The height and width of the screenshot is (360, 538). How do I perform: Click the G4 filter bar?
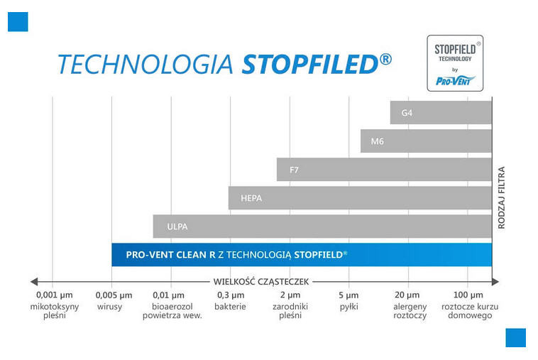(x=440, y=112)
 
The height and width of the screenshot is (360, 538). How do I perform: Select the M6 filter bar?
(x=426, y=141)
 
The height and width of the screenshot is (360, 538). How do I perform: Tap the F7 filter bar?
(x=384, y=169)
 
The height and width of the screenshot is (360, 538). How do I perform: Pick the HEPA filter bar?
(x=360, y=197)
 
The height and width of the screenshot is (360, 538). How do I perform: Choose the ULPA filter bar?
(x=322, y=226)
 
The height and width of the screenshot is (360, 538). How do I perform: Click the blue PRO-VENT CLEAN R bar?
(x=301, y=254)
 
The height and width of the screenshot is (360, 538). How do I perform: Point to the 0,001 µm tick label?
(x=54, y=295)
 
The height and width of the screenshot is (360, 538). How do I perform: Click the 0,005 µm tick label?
(x=114, y=295)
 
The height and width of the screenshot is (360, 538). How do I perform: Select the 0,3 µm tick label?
(x=230, y=295)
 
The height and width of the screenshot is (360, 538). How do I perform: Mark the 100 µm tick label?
(x=466, y=295)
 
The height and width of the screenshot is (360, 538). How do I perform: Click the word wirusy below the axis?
(x=110, y=306)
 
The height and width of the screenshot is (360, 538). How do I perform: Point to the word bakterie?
(x=230, y=306)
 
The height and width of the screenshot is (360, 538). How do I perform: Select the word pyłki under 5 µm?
(x=348, y=306)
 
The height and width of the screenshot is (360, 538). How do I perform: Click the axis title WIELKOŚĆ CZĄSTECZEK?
(x=260, y=280)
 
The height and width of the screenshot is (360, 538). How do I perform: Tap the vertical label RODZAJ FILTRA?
(x=502, y=197)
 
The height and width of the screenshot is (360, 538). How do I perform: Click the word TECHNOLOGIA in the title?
(x=145, y=64)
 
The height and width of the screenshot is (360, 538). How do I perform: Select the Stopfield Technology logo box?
(x=455, y=63)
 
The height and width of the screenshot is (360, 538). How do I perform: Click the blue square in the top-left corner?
(x=18, y=21)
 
